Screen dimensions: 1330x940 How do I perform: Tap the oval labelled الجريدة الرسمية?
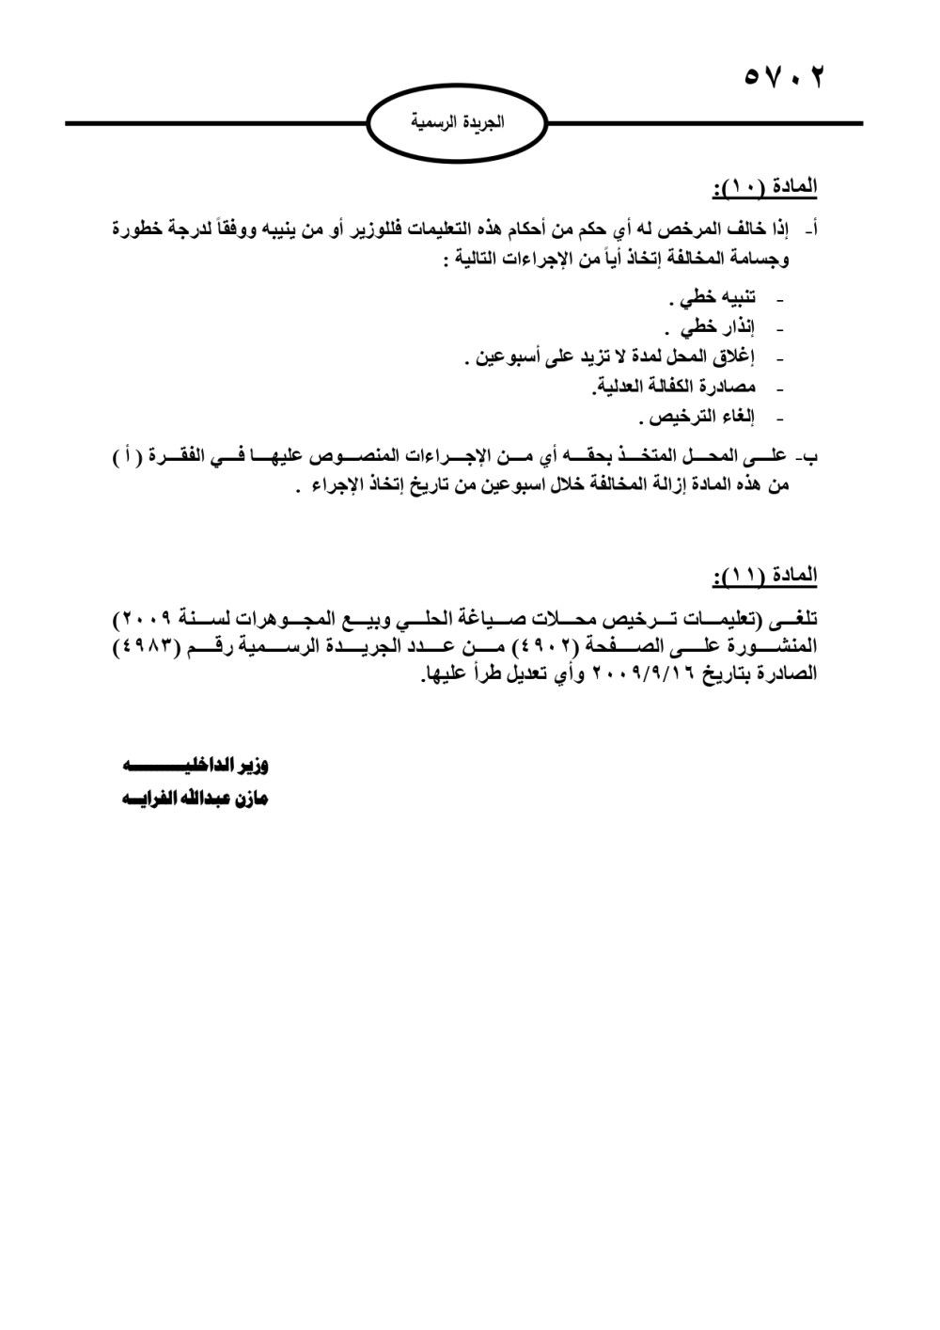coord(458,121)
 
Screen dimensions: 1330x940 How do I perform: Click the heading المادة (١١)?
coord(765,575)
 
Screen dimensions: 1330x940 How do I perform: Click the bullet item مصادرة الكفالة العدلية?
coord(674,387)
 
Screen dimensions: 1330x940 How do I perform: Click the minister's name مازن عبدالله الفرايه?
coord(195,800)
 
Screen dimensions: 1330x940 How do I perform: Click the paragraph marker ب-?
coord(806,458)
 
